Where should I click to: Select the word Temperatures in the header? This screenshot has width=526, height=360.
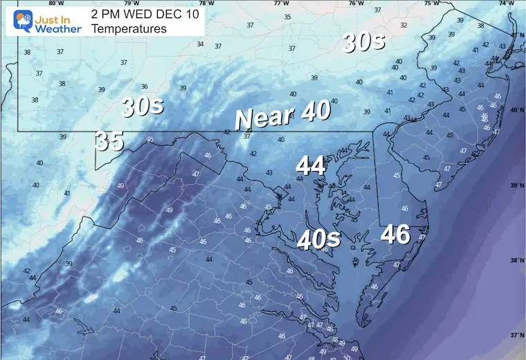click(129, 28)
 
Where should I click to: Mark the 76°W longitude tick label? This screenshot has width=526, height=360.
click(356, 3)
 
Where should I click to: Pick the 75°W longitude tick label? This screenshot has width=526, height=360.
click(431, 3)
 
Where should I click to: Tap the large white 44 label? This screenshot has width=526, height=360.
click(311, 165)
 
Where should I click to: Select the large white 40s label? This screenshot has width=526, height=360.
click(318, 239)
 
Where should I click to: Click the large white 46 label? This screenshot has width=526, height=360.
click(395, 235)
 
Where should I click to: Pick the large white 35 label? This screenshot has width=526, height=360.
click(109, 141)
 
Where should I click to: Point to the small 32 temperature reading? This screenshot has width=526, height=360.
click(403, 25)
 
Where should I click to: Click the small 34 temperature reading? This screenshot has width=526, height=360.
click(200, 44)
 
